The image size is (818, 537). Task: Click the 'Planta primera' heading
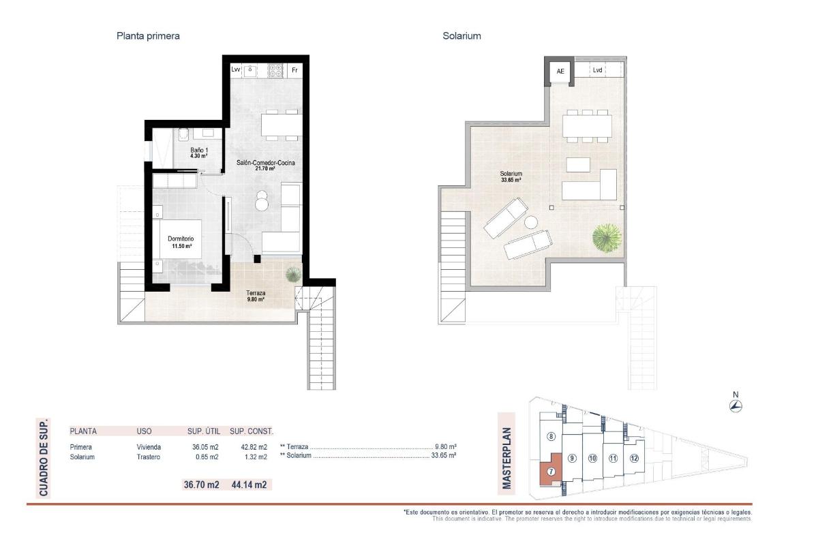click(x=149, y=36)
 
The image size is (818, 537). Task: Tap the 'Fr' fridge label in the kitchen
click(x=294, y=70)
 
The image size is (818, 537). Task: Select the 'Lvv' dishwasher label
click(x=236, y=70)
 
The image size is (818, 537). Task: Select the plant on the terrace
click(x=292, y=274)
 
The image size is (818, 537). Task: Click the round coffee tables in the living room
click(x=262, y=202)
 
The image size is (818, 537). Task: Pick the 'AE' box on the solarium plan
click(x=560, y=71)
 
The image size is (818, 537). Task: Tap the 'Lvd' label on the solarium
click(x=597, y=70)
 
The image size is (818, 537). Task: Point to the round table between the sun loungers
click(x=531, y=222)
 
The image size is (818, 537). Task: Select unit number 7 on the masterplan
click(x=551, y=470)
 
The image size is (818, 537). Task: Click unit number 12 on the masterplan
click(x=635, y=458)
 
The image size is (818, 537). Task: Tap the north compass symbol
click(x=736, y=406)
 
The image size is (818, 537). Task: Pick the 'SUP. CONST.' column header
click(x=252, y=431)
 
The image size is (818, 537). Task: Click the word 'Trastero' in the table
click(x=149, y=457)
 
